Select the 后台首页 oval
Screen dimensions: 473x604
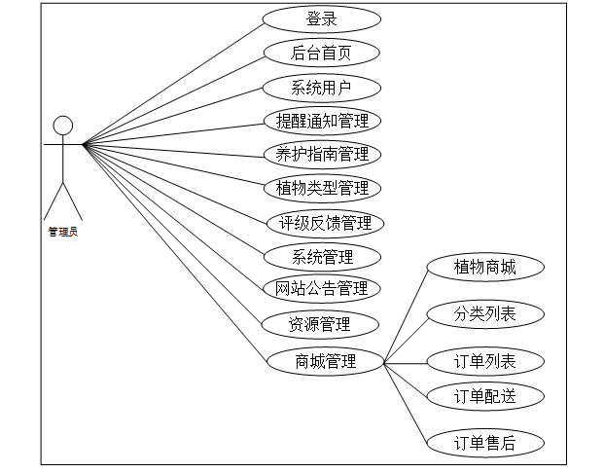pos(321,54)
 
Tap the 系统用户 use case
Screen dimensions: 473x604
pos(321,88)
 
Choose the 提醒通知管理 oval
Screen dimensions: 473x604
pos(322,121)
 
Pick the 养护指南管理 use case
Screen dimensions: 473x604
pos(322,154)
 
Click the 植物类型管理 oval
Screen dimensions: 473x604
pos(322,187)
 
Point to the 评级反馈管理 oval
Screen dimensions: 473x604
pos(325,223)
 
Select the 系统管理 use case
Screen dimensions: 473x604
pos(322,258)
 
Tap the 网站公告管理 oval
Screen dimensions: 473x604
pos(322,288)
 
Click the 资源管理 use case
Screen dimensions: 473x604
pos(320,324)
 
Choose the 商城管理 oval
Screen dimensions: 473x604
pos(325,362)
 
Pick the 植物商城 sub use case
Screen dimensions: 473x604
pos(484,267)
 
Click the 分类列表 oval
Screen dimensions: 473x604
pos(484,313)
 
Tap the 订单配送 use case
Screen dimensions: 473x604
pos(484,396)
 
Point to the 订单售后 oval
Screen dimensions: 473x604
pos(484,444)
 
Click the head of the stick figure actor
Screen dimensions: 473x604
pos(63,126)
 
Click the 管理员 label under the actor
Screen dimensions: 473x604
pos(63,232)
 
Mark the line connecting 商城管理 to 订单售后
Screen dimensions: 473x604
pos(406,404)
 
